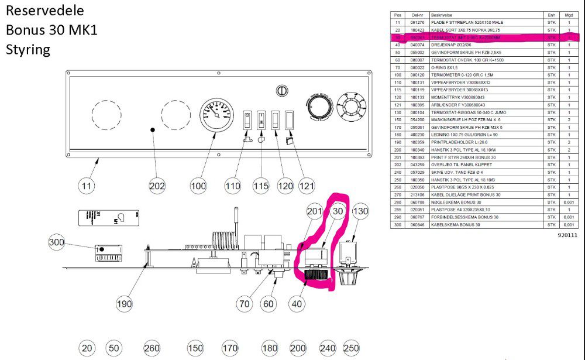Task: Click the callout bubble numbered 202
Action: [157, 187]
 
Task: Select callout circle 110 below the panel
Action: [233, 187]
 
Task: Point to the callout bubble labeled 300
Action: [57, 242]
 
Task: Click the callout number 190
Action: [124, 304]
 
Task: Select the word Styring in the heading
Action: [28, 49]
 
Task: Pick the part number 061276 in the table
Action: [417, 22]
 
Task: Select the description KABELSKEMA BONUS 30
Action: [455, 225]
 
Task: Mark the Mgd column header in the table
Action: [568, 15]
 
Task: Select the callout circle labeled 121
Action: [307, 187]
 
